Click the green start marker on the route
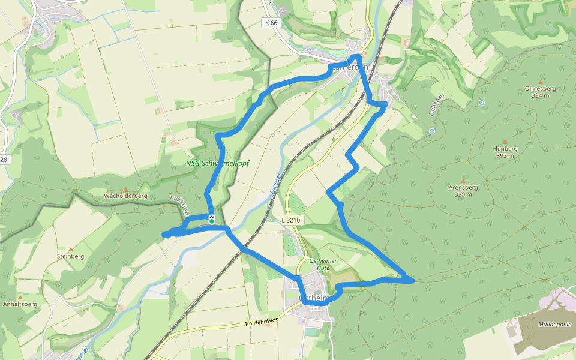pyautogui.click(x=211, y=221)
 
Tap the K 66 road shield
pyautogui.click(x=271, y=23)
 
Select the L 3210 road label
pyautogui.click(x=290, y=221)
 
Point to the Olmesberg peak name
pyautogui.click(x=540, y=88)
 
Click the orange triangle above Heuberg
pyautogui.click(x=505, y=142)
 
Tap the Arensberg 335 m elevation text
pyautogui.click(x=463, y=194)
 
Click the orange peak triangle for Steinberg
pyautogui.click(x=70, y=249)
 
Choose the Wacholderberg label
pyautogui.click(x=125, y=196)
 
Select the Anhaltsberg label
pyautogui.click(x=20, y=304)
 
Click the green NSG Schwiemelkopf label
pyautogui.click(x=217, y=163)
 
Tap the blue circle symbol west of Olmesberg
pyautogui.click(x=482, y=103)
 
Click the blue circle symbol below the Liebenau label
pyautogui.click(x=431, y=131)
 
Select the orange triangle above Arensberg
pyautogui.click(x=463, y=180)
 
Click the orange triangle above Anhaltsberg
pyautogui.click(x=20, y=297)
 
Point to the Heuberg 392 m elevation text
pyautogui.click(x=505, y=156)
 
